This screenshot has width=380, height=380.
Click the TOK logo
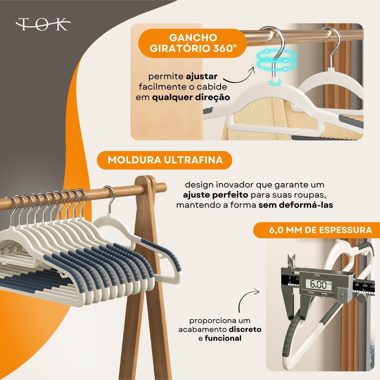click(43, 25)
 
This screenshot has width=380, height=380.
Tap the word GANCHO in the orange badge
click(193, 38)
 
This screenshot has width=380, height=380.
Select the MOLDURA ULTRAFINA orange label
click(164, 160)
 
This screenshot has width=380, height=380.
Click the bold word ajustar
click(201, 77)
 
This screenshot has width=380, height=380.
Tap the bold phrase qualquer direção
click(191, 98)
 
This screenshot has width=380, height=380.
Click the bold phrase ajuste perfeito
click(215, 195)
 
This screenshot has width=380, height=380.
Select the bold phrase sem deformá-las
click(296, 205)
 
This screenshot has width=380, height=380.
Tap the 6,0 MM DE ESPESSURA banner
click(317, 230)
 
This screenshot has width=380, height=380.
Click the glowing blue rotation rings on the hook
click(276, 60)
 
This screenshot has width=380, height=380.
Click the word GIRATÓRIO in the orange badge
click(180, 49)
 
